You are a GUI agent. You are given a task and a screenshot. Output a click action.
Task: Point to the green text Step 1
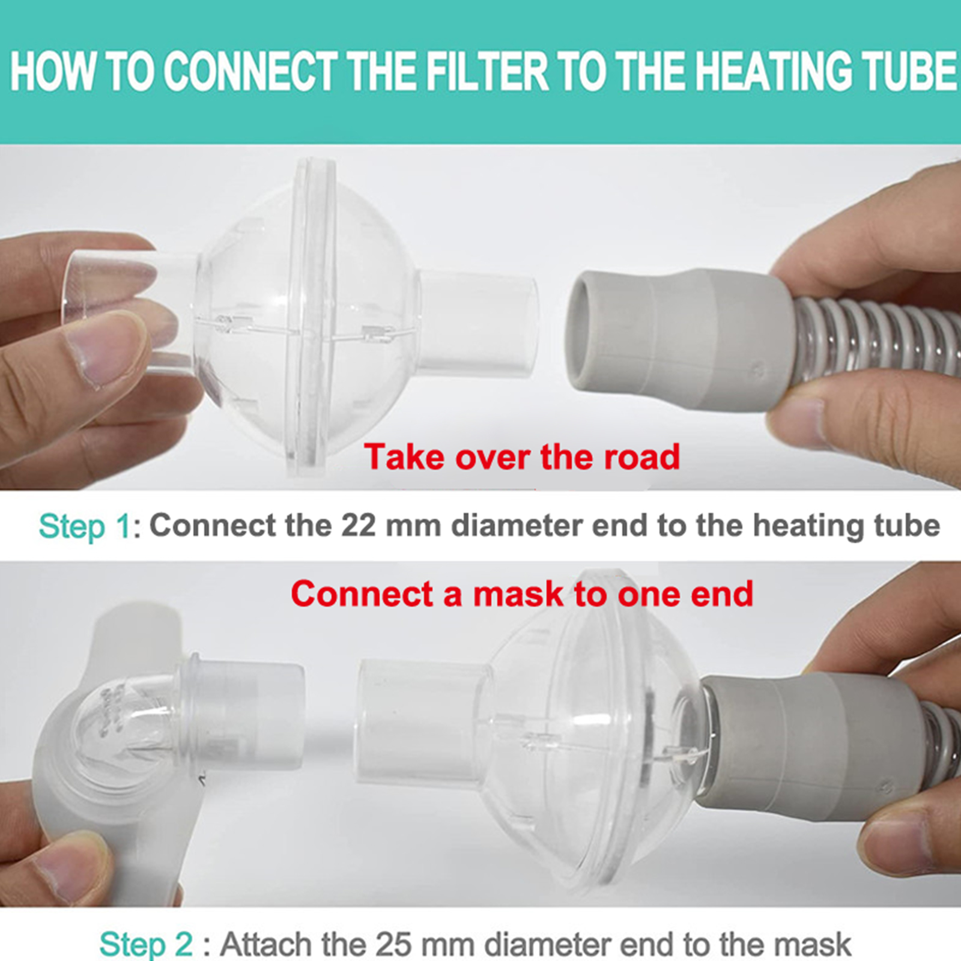click(85, 527)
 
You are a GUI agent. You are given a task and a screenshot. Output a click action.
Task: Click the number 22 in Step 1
click(359, 526)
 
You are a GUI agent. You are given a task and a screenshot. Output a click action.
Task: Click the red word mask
click(518, 594)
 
